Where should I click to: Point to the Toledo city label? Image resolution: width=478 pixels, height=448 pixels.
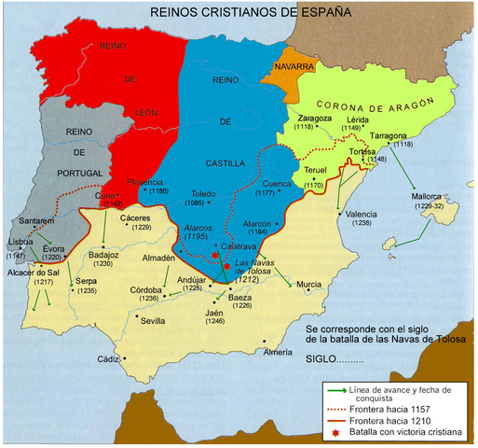[203, 194]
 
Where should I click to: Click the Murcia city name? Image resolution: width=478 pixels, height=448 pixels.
[309, 284]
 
